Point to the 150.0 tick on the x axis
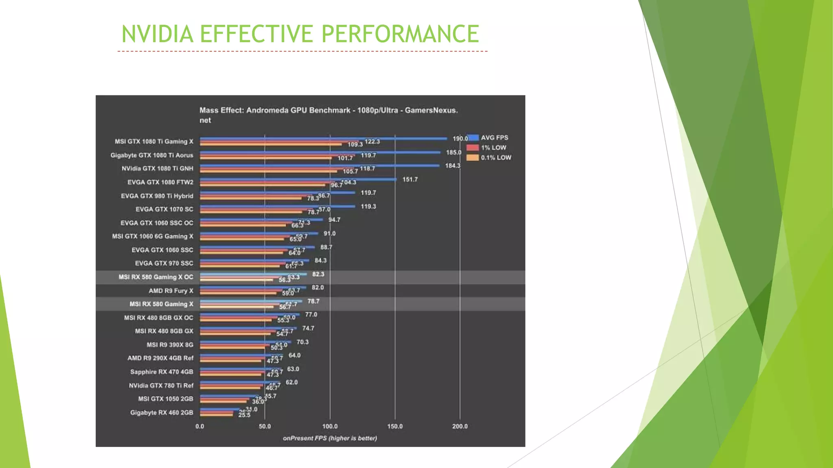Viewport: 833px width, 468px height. pyautogui.click(x=395, y=426)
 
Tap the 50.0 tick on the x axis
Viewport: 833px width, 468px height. pyautogui.click(x=265, y=426)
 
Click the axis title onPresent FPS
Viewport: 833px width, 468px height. pyautogui.click(x=329, y=438)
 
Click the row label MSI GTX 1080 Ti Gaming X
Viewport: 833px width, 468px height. pyautogui.click(x=154, y=141)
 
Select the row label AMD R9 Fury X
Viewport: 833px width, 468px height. pyautogui.click(x=171, y=291)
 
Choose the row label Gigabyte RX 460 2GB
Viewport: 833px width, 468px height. pyautogui.click(x=161, y=413)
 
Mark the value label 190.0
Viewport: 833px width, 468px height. pyautogui.click(x=460, y=139)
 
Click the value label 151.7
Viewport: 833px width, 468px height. pyautogui.click(x=410, y=180)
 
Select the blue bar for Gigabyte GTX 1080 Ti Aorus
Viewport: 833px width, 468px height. pyautogui.click(x=320, y=152)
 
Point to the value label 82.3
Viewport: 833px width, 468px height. pyautogui.click(x=318, y=274)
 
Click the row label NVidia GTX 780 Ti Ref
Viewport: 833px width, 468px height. pyautogui.click(x=161, y=386)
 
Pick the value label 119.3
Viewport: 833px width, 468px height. pyautogui.click(x=368, y=206)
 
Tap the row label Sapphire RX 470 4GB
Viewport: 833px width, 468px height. pyautogui.click(x=161, y=372)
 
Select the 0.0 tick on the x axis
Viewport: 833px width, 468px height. pyautogui.click(x=200, y=426)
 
